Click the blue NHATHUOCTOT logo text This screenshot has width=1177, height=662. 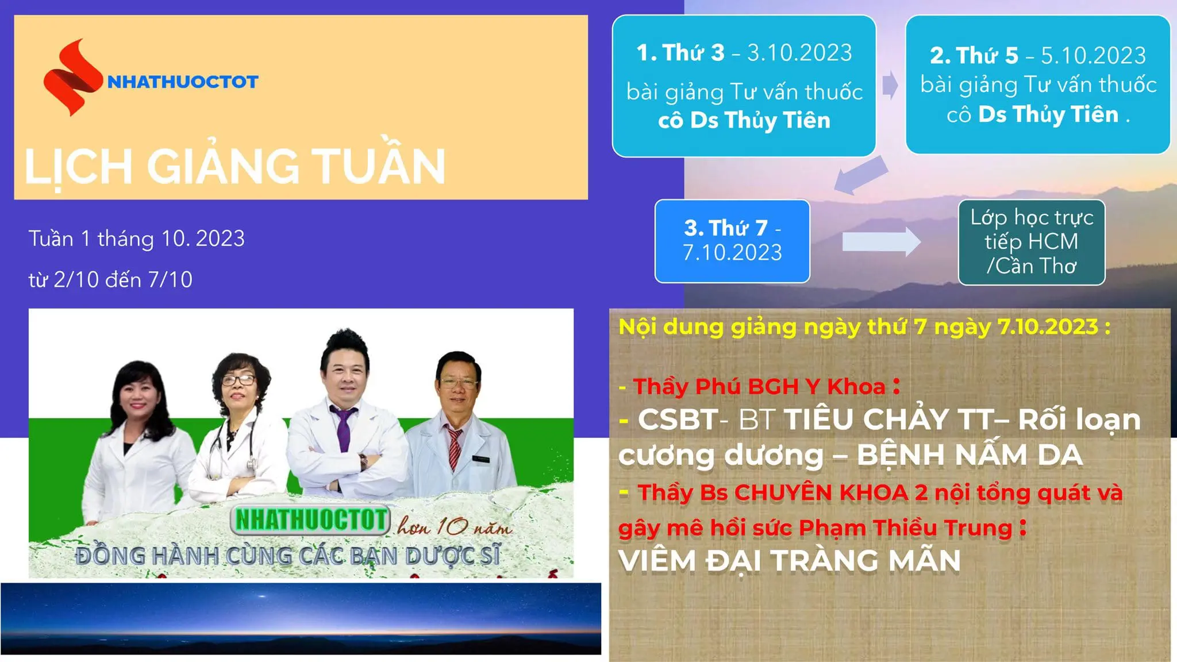coord(183,82)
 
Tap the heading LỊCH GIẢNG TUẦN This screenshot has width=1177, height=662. coord(234,167)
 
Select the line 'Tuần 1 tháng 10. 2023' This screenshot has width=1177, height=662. coord(137,238)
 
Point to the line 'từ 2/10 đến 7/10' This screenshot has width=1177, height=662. coord(110,280)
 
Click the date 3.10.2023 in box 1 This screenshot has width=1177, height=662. coord(799,53)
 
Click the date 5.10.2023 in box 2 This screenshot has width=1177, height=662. coord(1093,56)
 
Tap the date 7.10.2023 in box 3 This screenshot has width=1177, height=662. coord(732,252)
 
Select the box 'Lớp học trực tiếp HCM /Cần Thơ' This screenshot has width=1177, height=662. coord(1032,242)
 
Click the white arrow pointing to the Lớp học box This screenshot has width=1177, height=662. coord(881,242)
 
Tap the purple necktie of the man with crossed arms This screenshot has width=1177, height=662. coord(344,428)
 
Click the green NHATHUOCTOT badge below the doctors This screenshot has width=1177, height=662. coord(311,519)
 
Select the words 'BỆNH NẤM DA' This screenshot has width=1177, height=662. coord(970,455)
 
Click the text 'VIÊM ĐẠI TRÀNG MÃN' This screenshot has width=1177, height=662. coord(789,561)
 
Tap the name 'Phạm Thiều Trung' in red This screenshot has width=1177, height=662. coord(905,528)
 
